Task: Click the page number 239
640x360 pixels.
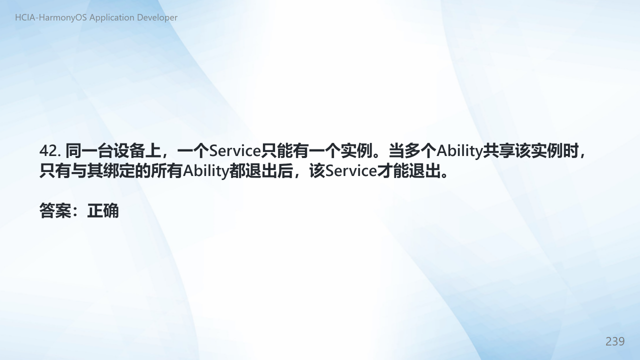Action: click(x=615, y=341)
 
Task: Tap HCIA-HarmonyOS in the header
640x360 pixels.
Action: click(x=51, y=17)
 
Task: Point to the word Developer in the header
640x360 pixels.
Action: click(x=157, y=17)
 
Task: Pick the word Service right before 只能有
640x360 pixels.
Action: click(x=235, y=151)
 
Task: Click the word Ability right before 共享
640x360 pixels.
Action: click(x=459, y=151)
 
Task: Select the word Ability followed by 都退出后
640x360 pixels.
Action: click(x=206, y=171)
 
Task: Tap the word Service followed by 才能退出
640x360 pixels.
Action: click(x=351, y=171)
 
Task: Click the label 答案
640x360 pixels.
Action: click(x=55, y=211)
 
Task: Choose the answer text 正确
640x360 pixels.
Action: click(x=103, y=211)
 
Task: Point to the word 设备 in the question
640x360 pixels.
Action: click(x=129, y=151)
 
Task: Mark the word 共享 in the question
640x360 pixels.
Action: click(x=498, y=151)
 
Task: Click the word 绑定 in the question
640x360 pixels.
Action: click(x=119, y=171)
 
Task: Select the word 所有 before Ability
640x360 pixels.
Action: click(x=166, y=171)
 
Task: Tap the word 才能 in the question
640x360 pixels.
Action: click(x=393, y=171)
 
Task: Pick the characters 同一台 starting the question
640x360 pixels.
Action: click(x=89, y=151)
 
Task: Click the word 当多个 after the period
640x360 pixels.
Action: click(x=412, y=151)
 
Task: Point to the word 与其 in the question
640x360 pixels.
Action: click(x=87, y=171)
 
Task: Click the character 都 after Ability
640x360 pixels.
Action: click(x=237, y=171)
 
